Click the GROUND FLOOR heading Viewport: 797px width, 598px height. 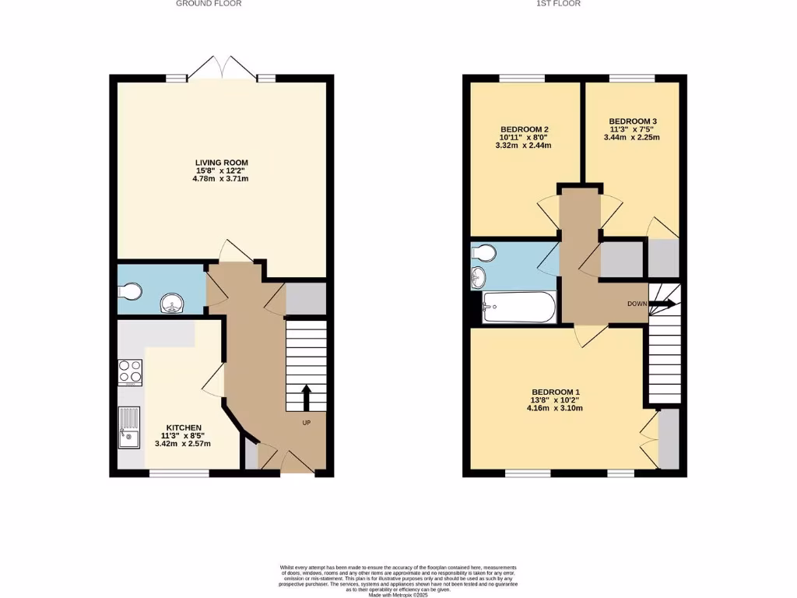209,4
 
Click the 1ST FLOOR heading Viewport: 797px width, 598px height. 558,4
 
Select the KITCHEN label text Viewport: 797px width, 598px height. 181,427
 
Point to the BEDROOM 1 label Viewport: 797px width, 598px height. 556,392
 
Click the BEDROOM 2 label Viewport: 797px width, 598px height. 525,129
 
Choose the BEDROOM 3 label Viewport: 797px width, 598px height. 633,121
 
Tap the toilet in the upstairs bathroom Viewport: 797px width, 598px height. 484,253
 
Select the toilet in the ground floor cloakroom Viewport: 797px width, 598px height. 130,290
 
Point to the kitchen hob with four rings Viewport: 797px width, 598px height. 129,371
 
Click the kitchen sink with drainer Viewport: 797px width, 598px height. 128,428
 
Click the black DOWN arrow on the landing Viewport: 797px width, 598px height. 663,304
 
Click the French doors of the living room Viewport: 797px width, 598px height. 223,69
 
